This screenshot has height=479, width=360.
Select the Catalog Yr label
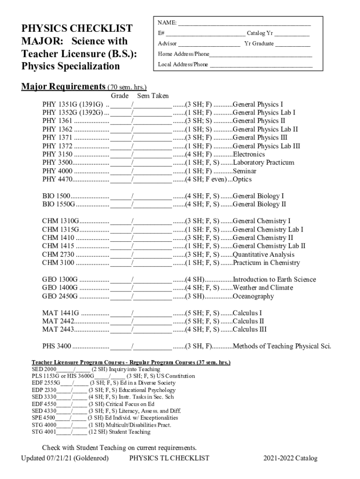[x=260, y=34]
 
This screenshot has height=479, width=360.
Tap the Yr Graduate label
[x=259, y=44]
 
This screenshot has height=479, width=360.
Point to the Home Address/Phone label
[x=183, y=54]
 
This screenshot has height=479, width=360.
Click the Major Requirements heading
[x=63, y=87]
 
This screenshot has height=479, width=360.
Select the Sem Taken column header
[x=153, y=95]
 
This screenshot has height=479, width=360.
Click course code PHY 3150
[x=58, y=154]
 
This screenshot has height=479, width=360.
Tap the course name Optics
[x=242, y=180]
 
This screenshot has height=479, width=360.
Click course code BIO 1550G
[x=59, y=204]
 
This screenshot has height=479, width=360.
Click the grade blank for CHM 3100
[x=121, y=263]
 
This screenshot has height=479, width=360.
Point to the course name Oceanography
[x=253, y=297]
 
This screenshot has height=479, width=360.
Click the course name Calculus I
[x=247, y=313]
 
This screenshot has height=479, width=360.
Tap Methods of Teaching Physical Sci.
[x=282, y=347]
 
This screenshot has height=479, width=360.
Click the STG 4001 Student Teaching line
[x=91, y=432]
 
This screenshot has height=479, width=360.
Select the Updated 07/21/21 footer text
[x=65, y=458]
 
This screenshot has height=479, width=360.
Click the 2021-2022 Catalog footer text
[x=290, y=458]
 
